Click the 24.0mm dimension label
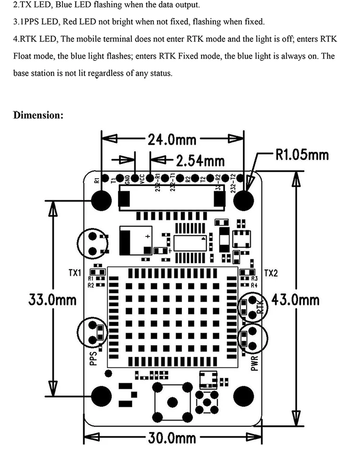pos(171,140)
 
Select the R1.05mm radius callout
pos(301,154)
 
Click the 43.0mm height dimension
pos(295,300)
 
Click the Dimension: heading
pos(38,115)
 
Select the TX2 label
pos(271,273)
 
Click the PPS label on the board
pos(94,358)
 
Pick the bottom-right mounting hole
pos(244,396)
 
